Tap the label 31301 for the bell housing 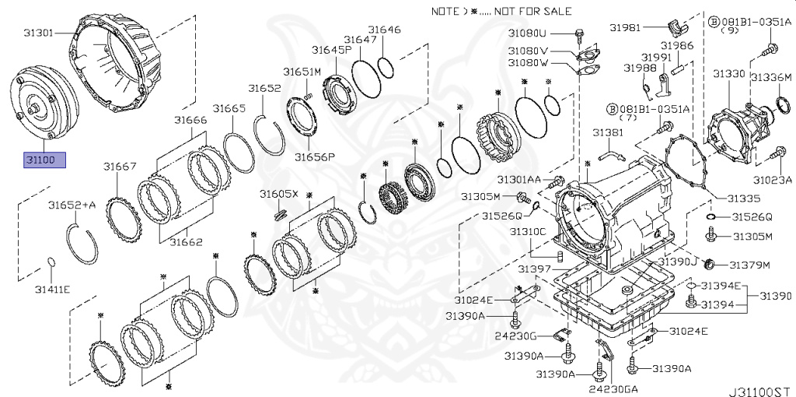(x=38, y=33)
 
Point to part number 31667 (x=120, y=166)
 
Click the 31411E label (x=52, y=289)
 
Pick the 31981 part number (x=624, y=27)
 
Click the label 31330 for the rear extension (x=729, y=74)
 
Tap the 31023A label (x=774, y=180)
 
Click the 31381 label (x=609, y=133)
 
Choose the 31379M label (x=749, y=265)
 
